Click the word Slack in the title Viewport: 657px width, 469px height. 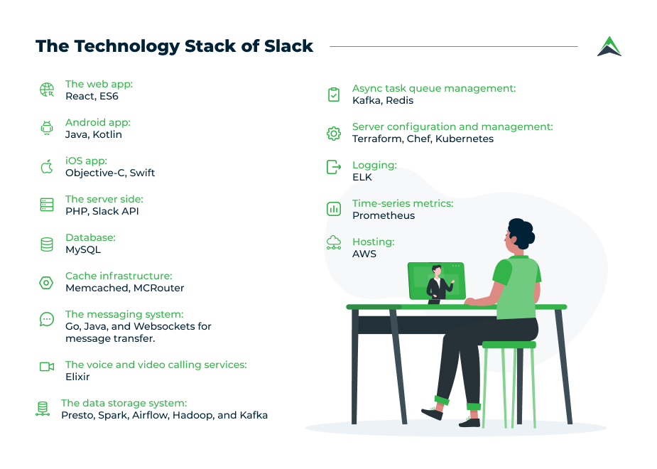coord(288,46)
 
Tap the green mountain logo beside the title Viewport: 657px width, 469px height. coord(609,46)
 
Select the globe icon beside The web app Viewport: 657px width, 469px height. coord(47,90)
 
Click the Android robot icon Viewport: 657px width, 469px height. coord(47,128)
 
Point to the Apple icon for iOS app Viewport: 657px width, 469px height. coord(47,166)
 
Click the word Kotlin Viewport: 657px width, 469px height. coord(107,134)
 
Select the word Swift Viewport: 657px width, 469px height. coord(142,173)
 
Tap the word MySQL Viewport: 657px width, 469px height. coord(83,250)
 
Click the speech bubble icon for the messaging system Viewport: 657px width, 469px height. coord(47,319)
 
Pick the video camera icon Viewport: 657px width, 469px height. coord(47,367)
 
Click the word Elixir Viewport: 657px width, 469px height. coord(77,377)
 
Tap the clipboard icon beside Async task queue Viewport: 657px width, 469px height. coord(334,95)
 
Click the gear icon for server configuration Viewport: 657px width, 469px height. coord(334,134)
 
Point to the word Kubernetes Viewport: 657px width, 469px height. coord(465,139)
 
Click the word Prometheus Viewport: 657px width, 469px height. coord(384,215)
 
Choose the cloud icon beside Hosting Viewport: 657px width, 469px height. coord(334,243)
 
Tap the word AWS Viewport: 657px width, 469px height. coord(364,254)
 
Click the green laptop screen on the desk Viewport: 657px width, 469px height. coord(436,281)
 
